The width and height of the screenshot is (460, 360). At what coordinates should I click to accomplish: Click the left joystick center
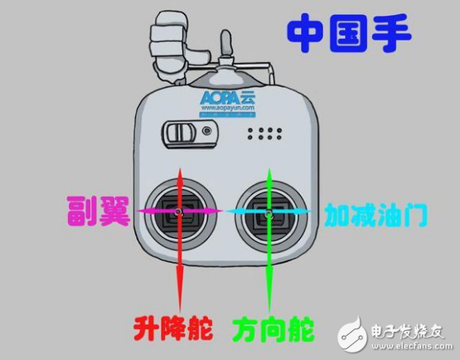pyautogui.click(x=180, y=213)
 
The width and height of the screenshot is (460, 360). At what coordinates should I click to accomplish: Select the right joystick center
pyautogui.click(x=269, y=213)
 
